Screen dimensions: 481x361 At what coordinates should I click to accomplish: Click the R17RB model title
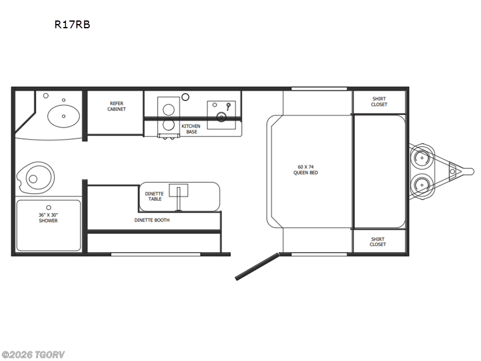72,25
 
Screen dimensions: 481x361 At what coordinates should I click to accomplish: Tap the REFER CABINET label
117,106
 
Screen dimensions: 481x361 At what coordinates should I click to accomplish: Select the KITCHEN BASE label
191,129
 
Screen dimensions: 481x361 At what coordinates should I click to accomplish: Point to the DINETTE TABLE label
155,196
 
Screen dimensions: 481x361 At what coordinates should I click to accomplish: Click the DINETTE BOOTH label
152,220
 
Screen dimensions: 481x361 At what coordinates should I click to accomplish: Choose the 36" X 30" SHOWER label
48,218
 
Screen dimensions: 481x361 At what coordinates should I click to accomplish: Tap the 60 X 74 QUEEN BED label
305,170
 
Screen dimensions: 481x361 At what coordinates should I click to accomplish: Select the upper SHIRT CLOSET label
379,102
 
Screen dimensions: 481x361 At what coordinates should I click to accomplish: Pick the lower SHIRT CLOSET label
378,242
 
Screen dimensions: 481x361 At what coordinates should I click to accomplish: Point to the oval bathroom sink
64,116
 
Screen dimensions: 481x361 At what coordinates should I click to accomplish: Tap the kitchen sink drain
221,117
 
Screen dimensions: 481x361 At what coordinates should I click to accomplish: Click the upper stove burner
168,110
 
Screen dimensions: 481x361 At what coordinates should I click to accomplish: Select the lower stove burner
168,125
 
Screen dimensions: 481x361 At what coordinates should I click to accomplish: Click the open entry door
257,266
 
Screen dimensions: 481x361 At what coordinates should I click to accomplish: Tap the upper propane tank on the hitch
422,158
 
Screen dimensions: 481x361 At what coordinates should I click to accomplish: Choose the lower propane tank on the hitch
422,185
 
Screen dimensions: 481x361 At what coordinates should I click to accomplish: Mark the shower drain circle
49,208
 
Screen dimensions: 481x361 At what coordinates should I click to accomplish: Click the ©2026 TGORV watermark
32,355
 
